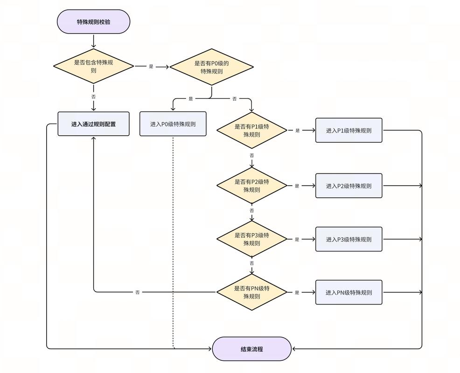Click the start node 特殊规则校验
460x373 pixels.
point(93,22)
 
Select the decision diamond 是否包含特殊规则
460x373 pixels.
point(93,66)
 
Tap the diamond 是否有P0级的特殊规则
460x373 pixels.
point(211,67)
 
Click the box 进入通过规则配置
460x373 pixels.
point(93,124)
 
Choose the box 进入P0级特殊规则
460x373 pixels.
point(173,124)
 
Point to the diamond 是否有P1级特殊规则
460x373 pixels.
point(252,131)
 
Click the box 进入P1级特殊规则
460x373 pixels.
point(349,131)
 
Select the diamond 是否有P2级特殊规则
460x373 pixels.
point(252,186)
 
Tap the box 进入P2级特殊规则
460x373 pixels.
point(349,186)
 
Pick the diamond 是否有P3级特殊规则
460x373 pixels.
point(252,239)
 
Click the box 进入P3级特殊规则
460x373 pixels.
point(349,239)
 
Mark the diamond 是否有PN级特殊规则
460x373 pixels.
point(252,292)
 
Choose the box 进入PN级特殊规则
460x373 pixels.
point(349,292)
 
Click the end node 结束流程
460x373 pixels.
point(252,349)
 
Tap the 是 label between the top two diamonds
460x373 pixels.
point(151,67)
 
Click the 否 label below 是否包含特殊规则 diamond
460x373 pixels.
point(94,97)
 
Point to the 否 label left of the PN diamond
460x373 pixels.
point(138,292)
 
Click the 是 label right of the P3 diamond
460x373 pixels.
point(297,239)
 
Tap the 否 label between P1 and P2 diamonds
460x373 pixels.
point(252,155)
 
